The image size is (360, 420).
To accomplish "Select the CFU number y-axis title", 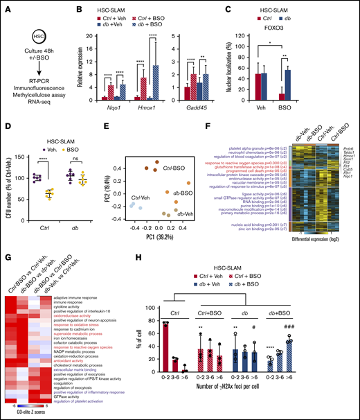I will pos(12,175).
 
